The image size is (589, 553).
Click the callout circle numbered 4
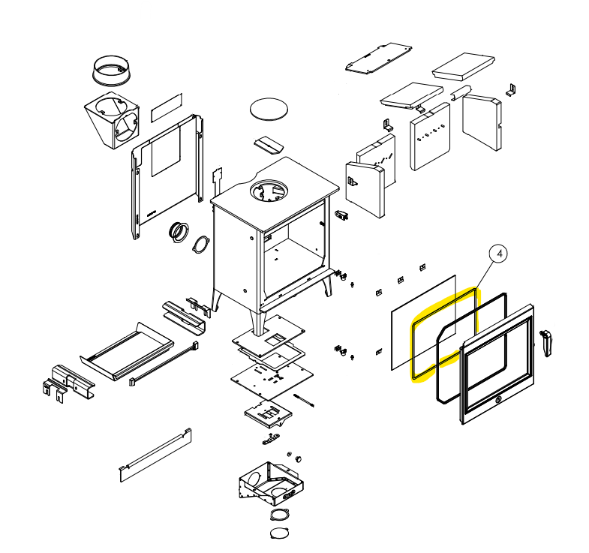499,254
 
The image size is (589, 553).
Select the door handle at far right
545,343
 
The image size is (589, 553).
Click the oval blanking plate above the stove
269,110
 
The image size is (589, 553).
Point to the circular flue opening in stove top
269,191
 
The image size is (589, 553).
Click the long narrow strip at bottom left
155,455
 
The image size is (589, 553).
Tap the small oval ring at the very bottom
279,533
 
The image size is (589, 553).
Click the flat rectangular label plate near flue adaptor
167,107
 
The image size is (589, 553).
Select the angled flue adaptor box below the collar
112,120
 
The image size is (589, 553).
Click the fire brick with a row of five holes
431,137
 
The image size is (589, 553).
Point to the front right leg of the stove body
328,285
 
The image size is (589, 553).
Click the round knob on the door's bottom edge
498,400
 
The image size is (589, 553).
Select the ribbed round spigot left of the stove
178,232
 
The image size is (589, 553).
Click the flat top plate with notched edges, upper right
379,59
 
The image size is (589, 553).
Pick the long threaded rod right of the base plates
304,400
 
